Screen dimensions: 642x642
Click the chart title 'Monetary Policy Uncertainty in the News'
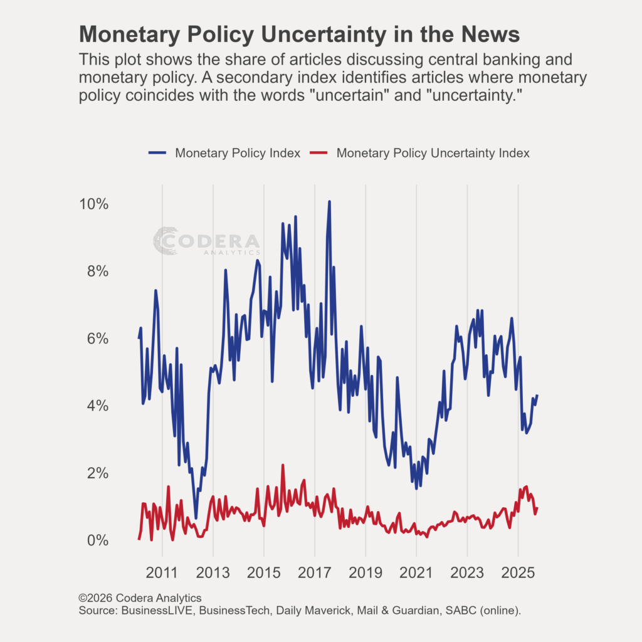tap(299, 34)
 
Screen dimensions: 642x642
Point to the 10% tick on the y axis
tap(93, 204)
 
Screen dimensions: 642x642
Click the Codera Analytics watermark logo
tap(206, 241)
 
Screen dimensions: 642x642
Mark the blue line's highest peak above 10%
tap(329, 202)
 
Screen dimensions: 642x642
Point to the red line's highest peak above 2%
tap(283, 465)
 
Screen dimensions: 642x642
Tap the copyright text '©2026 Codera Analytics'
tap(140, 598)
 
